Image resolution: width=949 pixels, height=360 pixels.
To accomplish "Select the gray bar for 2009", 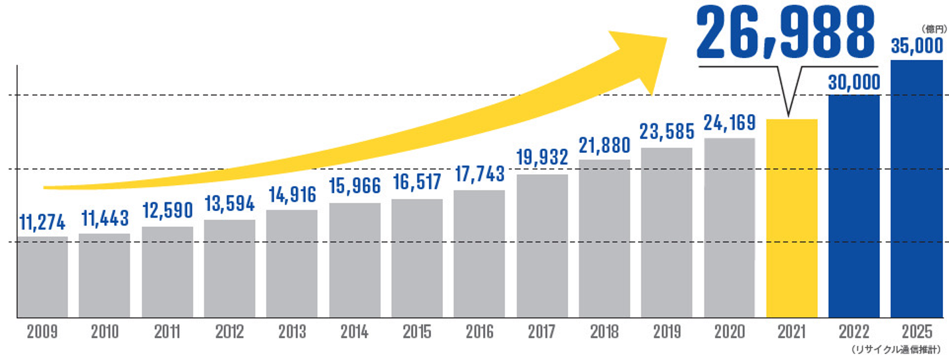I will pyautogui.click(x=42, y=278).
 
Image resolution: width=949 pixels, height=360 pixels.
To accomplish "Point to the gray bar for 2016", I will pyautogui.click(x=479, y=255).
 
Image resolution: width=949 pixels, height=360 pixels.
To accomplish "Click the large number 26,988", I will pyautogui.click(x=786, y=33).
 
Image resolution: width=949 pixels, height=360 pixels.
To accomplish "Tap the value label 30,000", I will pyautogui.click(x=853, y=82).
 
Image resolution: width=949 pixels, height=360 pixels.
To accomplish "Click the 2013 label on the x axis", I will pyautogui.click(x=291, y=332).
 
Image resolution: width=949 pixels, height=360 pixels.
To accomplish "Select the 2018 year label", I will pyautogui.click(x=604, y=332).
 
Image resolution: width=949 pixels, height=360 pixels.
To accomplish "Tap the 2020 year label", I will pyautogui.click(x=729, y=332).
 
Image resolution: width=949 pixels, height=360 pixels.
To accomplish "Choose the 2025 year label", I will pyautogui.click(x=916, y=332).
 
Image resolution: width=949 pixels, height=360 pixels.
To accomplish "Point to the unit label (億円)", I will pyautogui.click(x=933, y=29).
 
